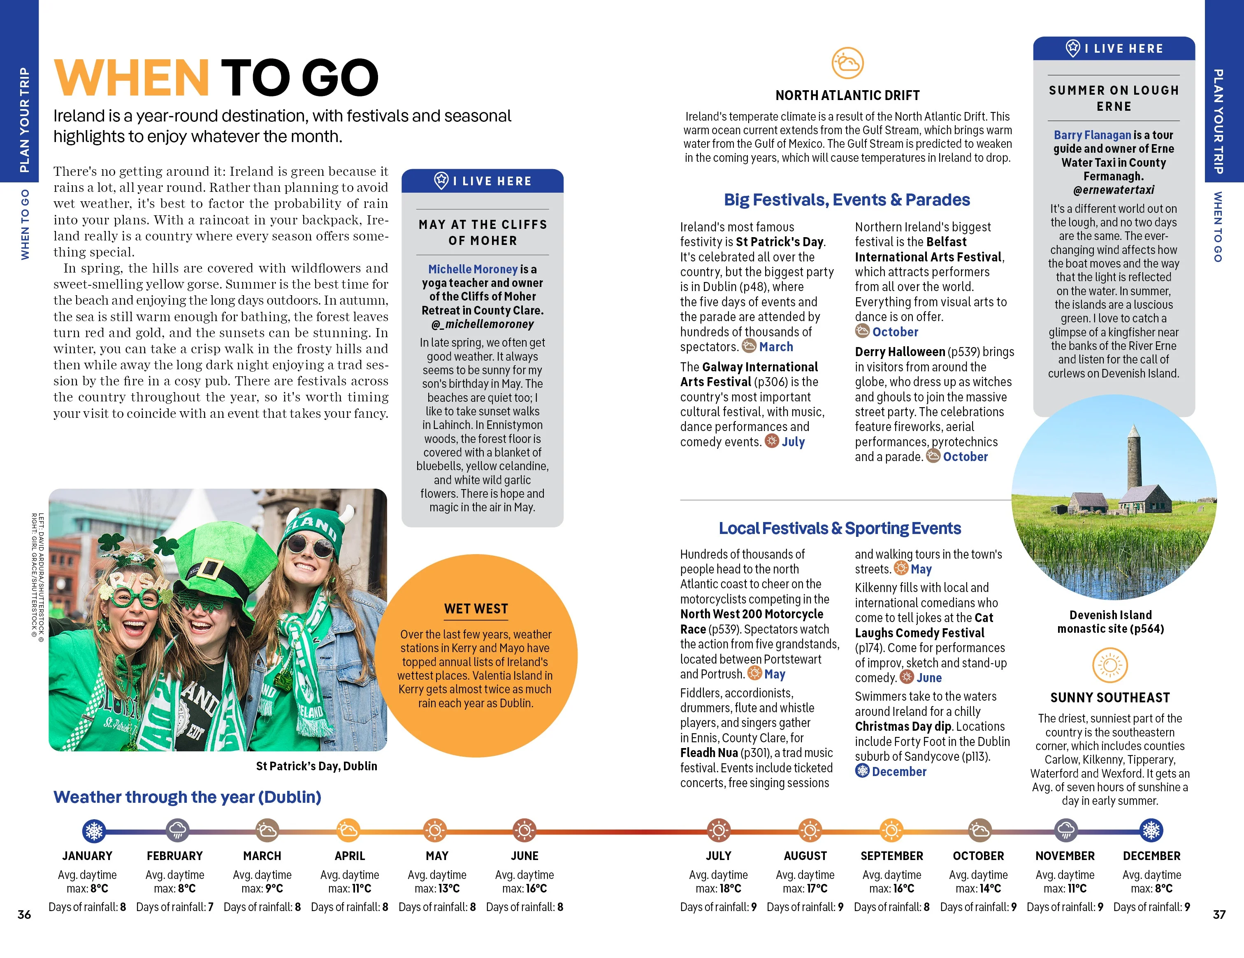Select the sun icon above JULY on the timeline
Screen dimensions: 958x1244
[718, 830]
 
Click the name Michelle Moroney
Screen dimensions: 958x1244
[473, 269]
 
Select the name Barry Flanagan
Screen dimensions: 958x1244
[1092, 135]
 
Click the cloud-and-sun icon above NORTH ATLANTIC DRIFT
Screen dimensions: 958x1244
[847, 63]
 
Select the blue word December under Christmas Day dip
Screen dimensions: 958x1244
[899, 772]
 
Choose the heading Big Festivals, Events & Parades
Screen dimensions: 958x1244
[847, 200]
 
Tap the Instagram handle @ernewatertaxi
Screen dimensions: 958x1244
[1114, 190]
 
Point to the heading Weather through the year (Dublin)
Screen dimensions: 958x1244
[188, 797]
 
